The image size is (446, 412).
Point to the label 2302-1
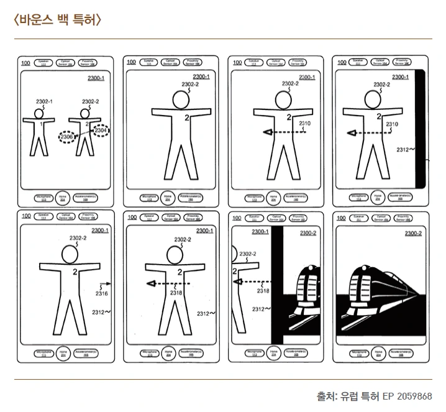pyautogui.click(x=42, y=101)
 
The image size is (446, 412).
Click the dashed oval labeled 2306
pyautogui.click(x=67, y=136)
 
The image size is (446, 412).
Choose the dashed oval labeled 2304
pyautogui.click(x=100, y=130)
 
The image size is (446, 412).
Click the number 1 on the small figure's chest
pyautogui.click(x=42, y=125)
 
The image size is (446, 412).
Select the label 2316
pyautogui.click(x=101, y=293)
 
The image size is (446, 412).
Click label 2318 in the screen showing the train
pyautogui.click(x=263, y=290)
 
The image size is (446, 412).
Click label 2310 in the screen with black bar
pyautogui.click(x=391, y=124)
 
